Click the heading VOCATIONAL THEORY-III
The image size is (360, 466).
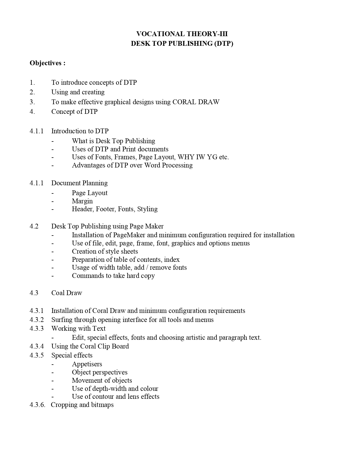(182, 34)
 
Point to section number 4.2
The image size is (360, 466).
(34, 226)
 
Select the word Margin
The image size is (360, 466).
(82, 201)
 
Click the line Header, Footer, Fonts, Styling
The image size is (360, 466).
(115, 209)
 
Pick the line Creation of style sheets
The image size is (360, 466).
(105, 251)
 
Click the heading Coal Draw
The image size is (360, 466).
(67, 293)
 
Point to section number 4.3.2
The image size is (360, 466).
(37, 320)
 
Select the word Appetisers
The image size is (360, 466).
(87, 364)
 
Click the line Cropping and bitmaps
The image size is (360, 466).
(82, 405)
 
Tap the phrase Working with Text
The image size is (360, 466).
(78, 328)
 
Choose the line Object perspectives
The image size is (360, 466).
(100, 372)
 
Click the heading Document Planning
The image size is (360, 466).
(79, 183)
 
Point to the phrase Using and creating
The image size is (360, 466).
(78, 92)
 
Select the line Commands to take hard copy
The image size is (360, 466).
(113, 276)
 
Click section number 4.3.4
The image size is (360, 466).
(37, 346)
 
